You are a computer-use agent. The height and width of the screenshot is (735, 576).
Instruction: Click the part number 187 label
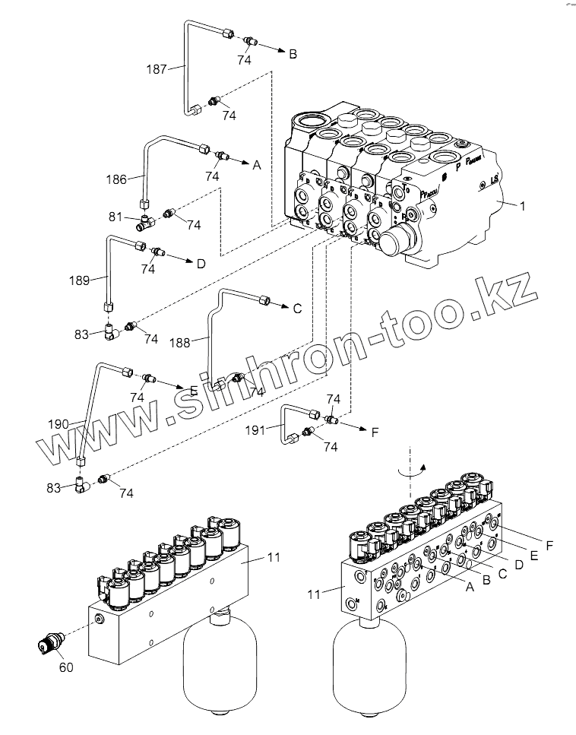[156, 69]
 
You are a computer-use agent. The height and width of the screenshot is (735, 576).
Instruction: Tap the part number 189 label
[100, 280]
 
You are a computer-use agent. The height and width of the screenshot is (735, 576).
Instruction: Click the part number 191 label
[255, 430]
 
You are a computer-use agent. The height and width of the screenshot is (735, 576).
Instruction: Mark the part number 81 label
[116, 217]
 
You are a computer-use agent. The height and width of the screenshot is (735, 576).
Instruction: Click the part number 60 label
[66, 667]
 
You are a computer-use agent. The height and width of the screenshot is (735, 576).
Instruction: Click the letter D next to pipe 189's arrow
[201, 265]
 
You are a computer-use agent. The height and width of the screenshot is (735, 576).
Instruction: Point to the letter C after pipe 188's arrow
[297, 309]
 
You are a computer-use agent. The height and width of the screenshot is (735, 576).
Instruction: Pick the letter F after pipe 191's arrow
[375, 432]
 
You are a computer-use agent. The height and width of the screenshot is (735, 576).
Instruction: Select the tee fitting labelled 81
[145, 221]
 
